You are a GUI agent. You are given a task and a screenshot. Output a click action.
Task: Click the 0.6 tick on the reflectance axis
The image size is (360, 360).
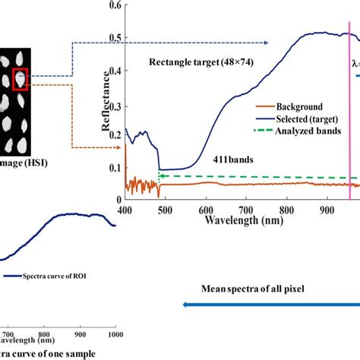[x=114, y=5]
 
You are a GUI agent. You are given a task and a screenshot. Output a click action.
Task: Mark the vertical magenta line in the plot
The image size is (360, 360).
[x=350, y=114]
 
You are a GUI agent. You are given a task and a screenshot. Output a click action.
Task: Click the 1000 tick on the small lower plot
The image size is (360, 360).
[x=114, y=333]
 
